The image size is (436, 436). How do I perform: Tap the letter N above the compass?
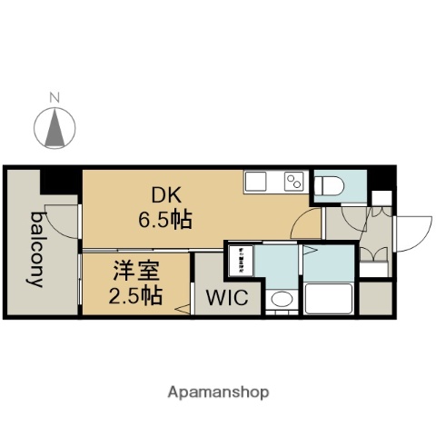tap(54, 96)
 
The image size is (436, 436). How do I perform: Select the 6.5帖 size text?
tap(164, 218)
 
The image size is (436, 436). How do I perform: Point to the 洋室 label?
tap(131, 270)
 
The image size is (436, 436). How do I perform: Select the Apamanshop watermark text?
tap(218, 392)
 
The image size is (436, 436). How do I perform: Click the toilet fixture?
tap(330, 185)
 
